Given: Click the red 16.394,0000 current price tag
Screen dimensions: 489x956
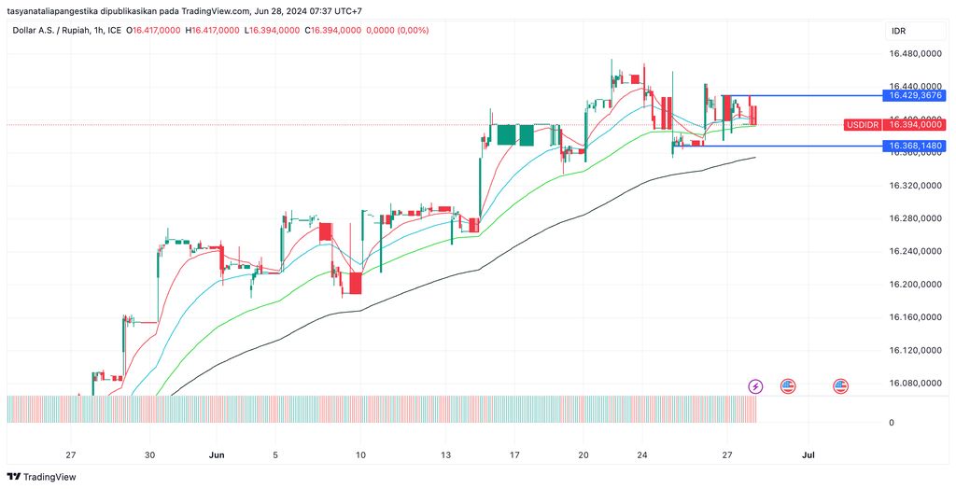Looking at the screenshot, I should click(915, 125).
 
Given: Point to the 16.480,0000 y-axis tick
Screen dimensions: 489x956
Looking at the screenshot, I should click(915, 54).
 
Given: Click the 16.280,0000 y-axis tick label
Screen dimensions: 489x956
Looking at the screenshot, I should click(915, 218).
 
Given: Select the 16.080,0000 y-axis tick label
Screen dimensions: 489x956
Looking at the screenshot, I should click(915, 383).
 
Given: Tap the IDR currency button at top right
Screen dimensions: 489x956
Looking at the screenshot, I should click(899, 31).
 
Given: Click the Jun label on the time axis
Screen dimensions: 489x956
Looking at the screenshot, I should click(217, 455).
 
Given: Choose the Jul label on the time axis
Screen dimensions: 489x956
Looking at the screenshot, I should click(808, 455).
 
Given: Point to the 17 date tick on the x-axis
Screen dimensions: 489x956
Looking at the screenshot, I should click(514, 455).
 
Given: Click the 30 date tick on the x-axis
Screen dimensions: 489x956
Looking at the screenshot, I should click(149, 455).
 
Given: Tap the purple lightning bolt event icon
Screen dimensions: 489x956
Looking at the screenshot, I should click(756, 385).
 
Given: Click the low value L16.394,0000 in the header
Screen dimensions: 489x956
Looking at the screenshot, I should click(273, 31).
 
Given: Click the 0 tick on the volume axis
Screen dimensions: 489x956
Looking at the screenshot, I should click(891, 423).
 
